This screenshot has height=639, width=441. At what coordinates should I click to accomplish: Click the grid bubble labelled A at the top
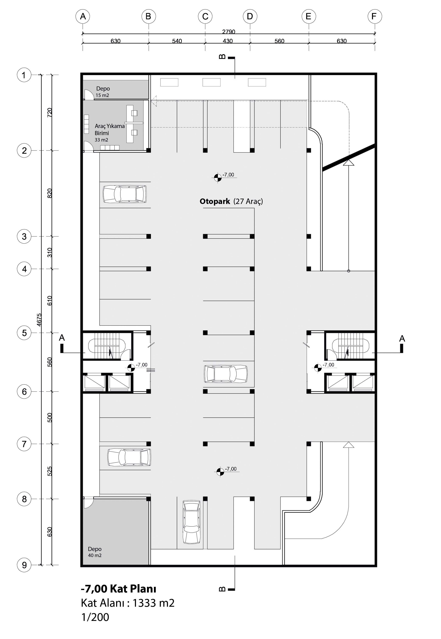83,17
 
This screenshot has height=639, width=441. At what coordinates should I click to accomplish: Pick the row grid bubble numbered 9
24,565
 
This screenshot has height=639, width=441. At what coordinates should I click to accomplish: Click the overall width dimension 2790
229,32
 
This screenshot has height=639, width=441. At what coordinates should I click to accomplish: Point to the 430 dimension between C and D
228,41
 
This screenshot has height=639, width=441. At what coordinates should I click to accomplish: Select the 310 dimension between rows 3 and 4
50,253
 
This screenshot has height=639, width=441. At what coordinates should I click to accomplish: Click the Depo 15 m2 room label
103,92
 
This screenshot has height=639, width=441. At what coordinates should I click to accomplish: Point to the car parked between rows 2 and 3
125,194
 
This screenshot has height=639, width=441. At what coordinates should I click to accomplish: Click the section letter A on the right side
402,338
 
